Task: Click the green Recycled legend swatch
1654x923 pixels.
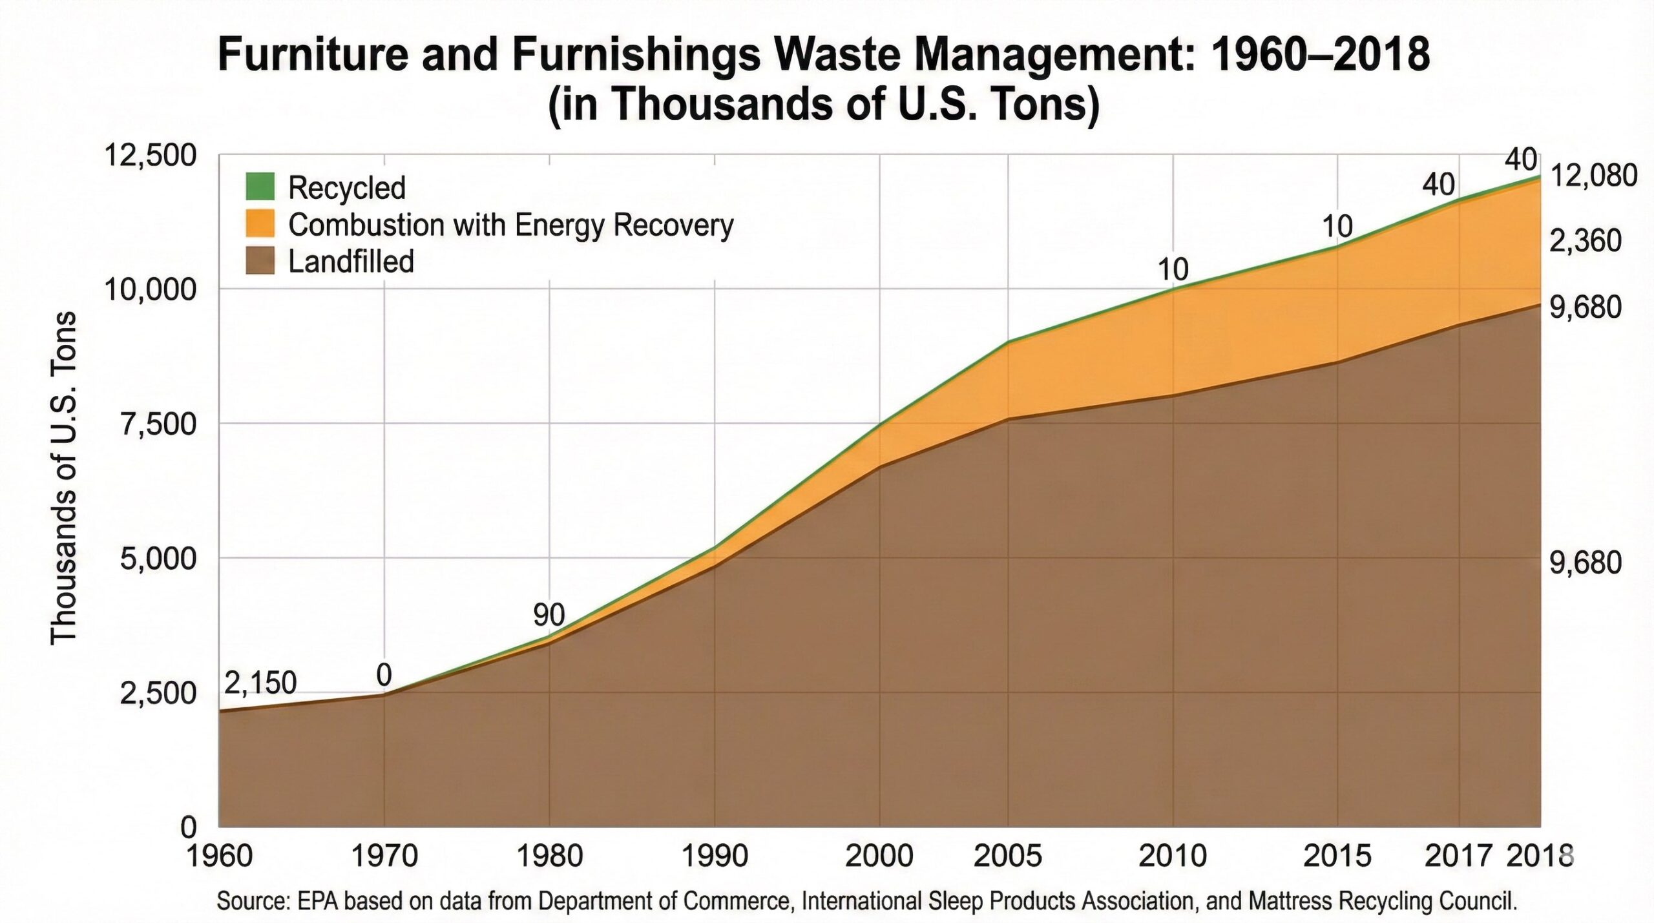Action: point(260,187)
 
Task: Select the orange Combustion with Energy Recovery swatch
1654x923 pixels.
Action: point(260,223)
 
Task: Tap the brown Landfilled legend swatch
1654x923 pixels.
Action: point(260,261)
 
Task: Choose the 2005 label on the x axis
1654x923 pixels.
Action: point(1007,856)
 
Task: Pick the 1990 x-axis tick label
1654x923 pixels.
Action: point(714,856)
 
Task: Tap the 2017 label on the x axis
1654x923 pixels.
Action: point(1458,856)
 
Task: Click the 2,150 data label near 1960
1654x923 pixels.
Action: point(260,683)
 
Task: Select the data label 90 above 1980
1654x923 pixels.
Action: point(549,615)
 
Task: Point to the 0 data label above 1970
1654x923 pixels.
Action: point(384,676)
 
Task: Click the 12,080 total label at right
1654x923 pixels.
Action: point(1593,176)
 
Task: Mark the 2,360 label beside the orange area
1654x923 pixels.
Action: point(1585,241)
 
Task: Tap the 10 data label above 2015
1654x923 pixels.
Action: point(1337,227)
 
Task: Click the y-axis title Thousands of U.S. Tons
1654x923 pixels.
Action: point(63,478)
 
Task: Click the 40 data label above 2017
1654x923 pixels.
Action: point(1438,185)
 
